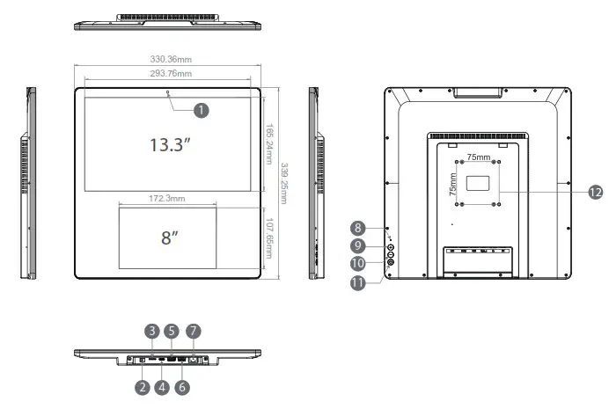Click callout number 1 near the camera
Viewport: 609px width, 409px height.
202,110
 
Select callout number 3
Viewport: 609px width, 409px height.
152,332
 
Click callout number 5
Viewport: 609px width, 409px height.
172,332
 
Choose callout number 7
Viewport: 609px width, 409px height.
194,332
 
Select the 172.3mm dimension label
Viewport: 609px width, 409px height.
167,200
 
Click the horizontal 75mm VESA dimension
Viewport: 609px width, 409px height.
479,156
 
